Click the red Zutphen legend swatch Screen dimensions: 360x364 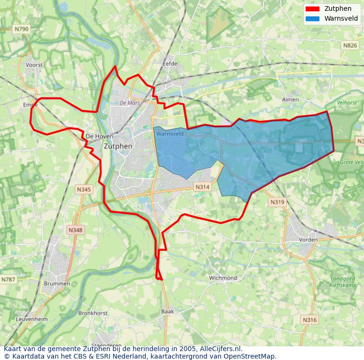(x=312, y=9)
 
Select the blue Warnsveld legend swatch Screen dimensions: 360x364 (x=312, y=19)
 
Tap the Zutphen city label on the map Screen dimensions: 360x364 (x=118, y=146)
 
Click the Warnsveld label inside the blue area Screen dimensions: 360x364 (x=170, y=134)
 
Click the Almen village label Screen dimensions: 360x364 (x=290, y=100)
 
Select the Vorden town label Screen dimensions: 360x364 (x=308, y=240)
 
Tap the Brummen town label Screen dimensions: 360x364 (x=57, y=284)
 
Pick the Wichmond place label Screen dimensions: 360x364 (x=223, y=278)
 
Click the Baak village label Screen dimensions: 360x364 (x=168, y=311)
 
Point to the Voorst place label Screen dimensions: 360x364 (x=34, y=65)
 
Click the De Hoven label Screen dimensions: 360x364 (x=100, y=136)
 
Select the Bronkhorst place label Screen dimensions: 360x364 (x=93, y=313)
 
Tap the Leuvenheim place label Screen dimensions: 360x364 (x=32, y=319)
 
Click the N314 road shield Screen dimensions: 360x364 (x=202, y=187)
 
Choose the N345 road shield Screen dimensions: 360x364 (x=84, y=189)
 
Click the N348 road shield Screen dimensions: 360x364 (x=75, y=230)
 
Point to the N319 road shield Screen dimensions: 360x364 (x=277, y=202)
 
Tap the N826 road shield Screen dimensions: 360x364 (x=349, y=45)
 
